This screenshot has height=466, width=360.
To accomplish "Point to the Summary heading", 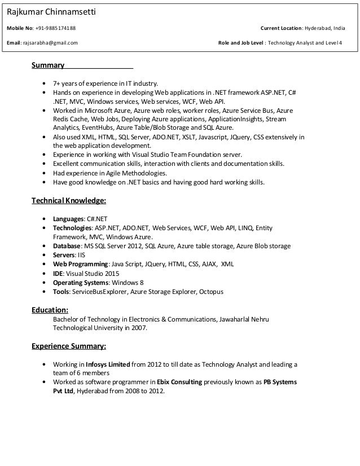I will coord(48,65).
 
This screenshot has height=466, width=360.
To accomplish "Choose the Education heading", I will coord(50,309).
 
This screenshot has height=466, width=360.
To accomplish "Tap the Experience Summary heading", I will coord(68,346).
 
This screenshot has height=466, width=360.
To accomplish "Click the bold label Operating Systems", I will coord(81,283).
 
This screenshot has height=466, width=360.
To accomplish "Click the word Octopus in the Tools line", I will coord(212,292).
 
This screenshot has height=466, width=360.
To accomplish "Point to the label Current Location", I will coord(281,28).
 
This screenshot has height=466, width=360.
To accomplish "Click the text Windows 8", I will coord(128,283).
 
